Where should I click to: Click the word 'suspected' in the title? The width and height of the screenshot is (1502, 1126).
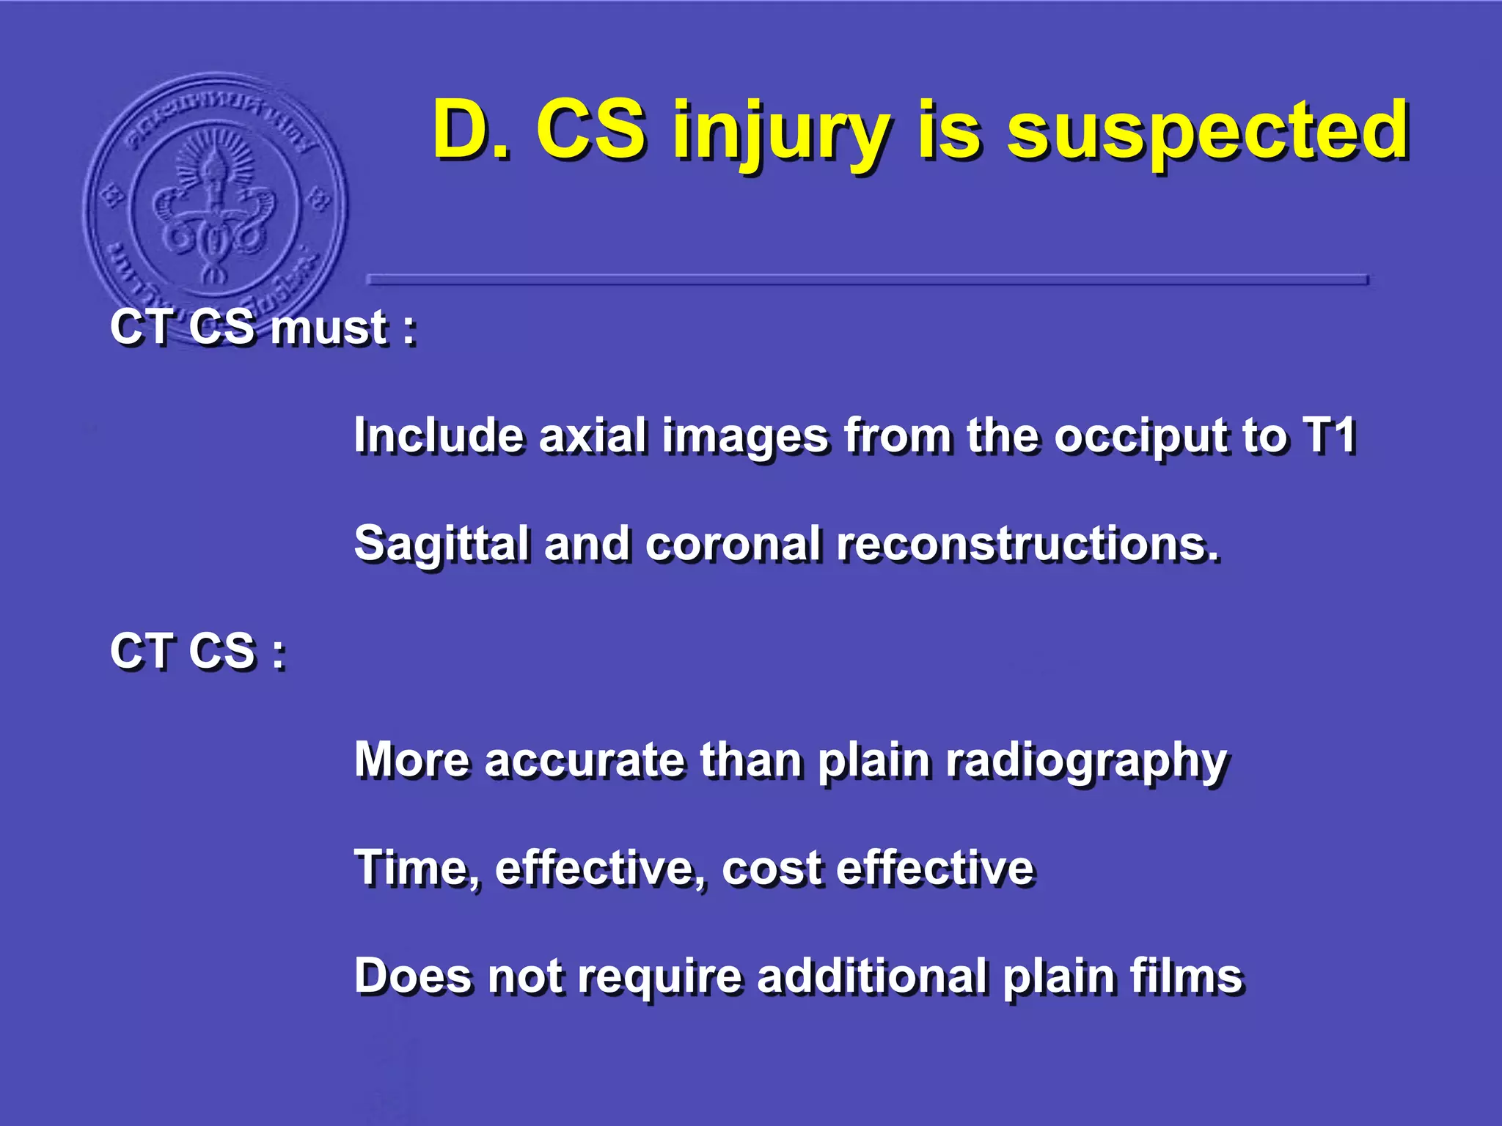(1207, 132)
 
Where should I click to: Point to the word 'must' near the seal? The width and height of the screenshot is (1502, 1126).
(329, 328)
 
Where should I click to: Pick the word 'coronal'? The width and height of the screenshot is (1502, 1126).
(733, 545)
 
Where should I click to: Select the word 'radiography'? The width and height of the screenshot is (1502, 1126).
(1086, 762)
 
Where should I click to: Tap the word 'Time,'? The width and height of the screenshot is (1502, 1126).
(417, 869)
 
